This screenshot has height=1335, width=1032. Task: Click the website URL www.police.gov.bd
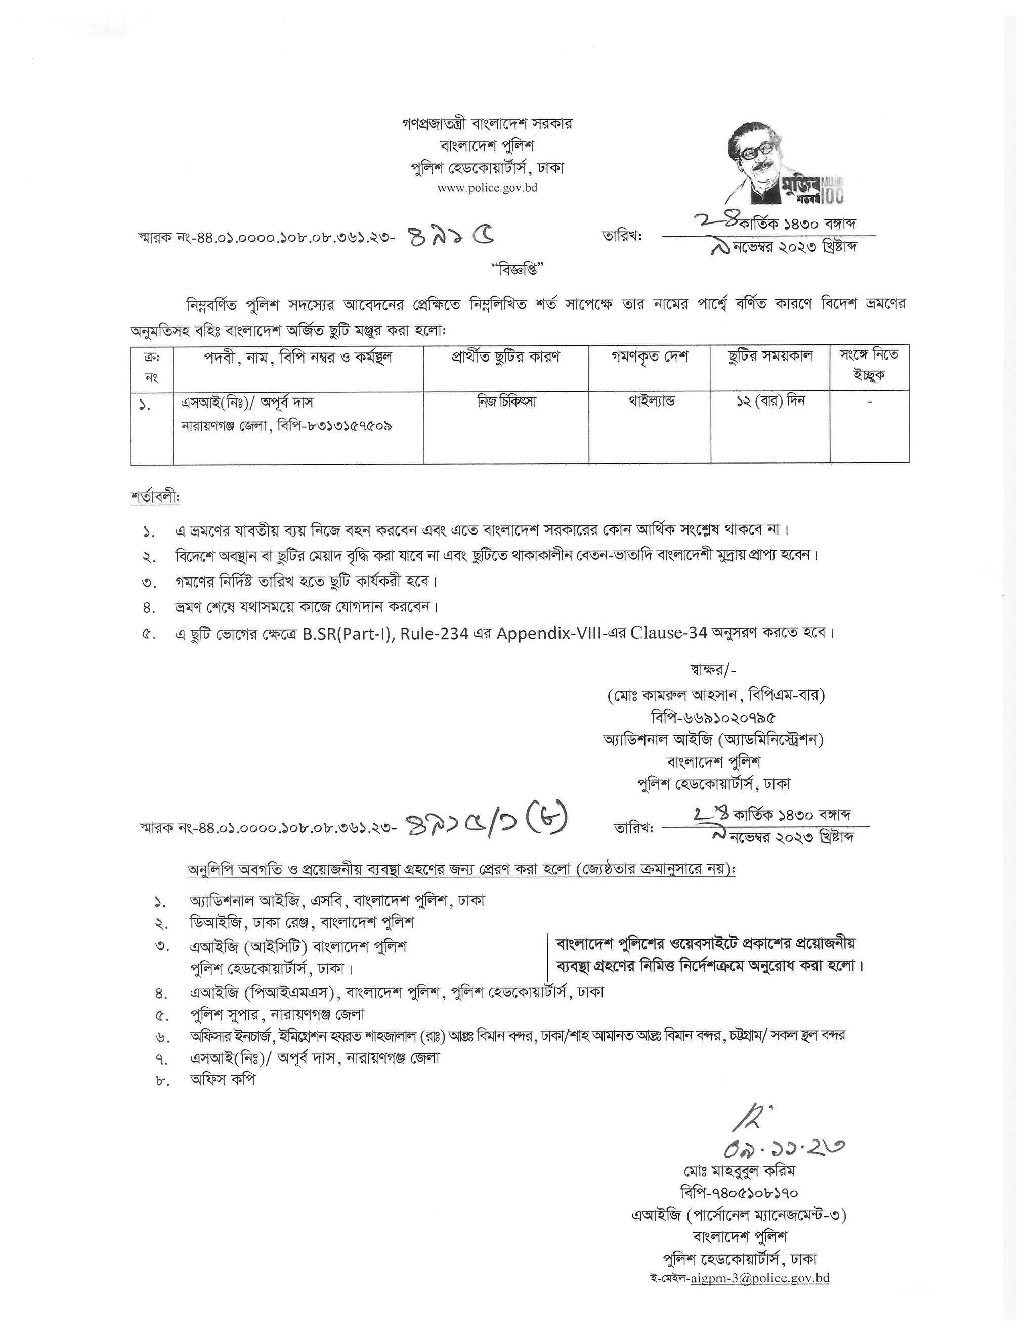487,188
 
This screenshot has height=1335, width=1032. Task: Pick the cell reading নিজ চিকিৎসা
506,402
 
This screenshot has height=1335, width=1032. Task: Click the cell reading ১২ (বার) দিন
770,402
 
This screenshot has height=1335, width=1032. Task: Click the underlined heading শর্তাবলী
155,497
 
